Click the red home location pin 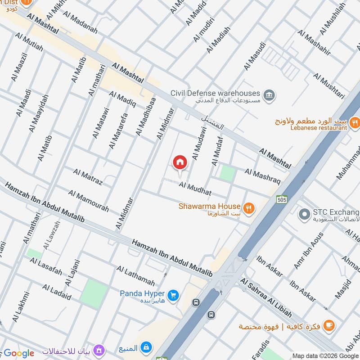pos(180,162)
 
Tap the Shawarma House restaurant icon pos(248,207)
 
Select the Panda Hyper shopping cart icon pos(174,295)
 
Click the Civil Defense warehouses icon pos(270,95)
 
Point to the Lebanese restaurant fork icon pos(355,121)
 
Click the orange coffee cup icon pos(329,325)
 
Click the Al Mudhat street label pos(195,188)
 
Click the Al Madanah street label pos(80,22)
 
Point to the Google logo pos(19,353)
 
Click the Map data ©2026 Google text pos(325,355)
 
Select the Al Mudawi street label pos(198,142)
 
